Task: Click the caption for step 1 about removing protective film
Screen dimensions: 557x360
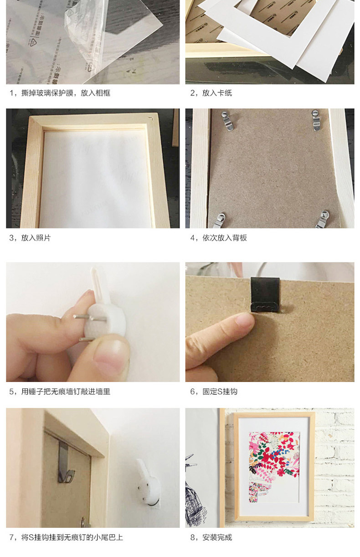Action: pos(60,93)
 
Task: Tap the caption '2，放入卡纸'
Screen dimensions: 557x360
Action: pos(211,93)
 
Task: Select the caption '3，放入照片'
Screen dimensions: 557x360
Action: pos(30,238)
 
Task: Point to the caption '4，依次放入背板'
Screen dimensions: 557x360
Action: pos(218,238)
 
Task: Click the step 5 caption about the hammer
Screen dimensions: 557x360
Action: pos(60,392)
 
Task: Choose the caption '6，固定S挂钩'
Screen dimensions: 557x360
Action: pos(214,392)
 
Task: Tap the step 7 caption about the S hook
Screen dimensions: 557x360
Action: pos(66,537)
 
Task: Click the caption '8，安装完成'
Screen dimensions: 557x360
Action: pos(211,537)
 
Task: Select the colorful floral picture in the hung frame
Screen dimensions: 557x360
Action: pos(273,465)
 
